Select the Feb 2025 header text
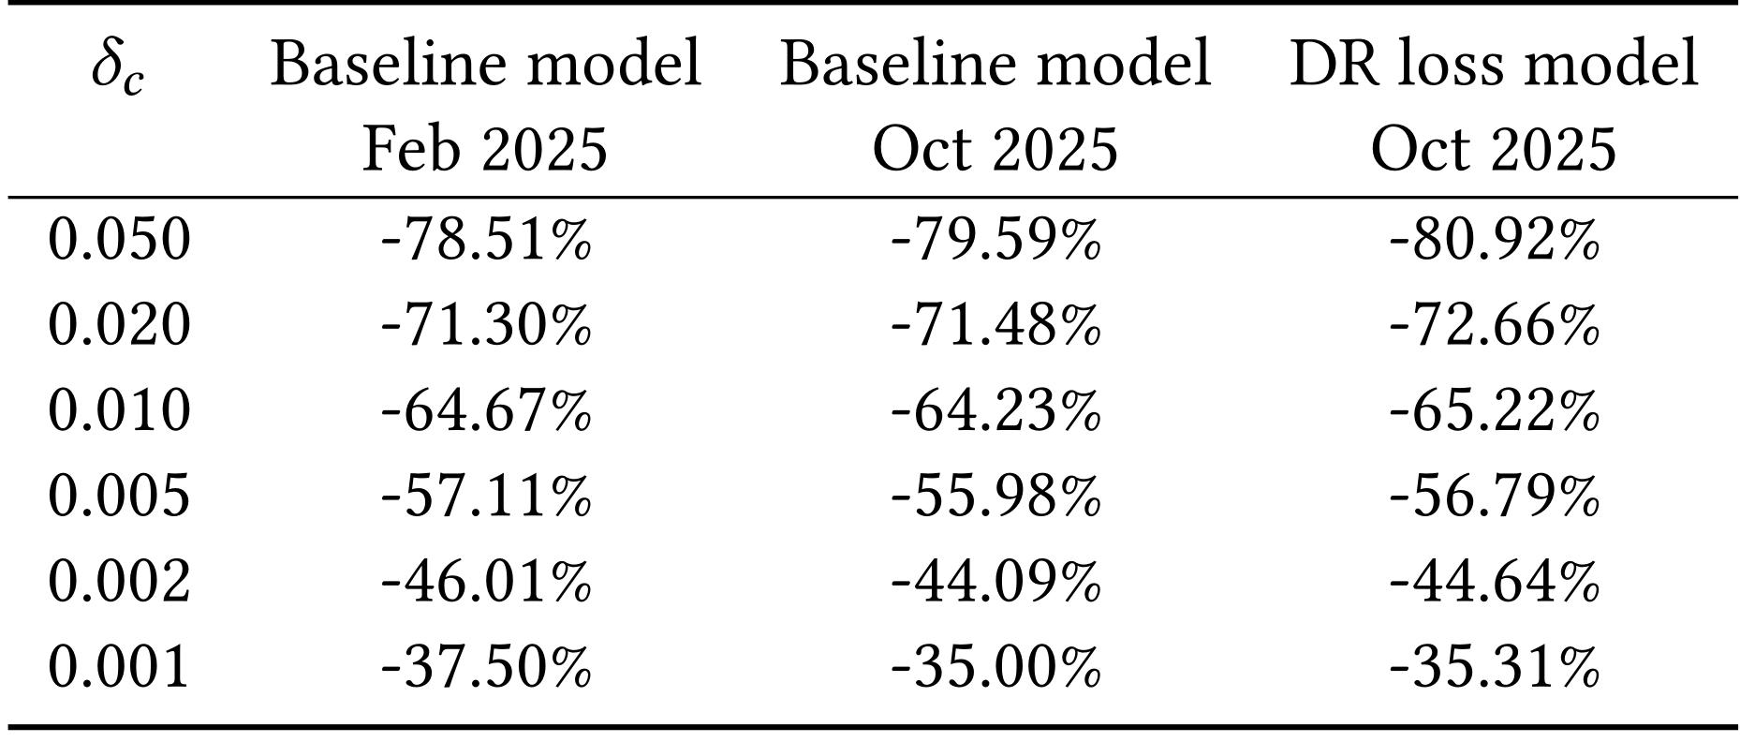(x=485, y=149)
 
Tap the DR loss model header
(x=1494, y=64)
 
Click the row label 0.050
(x=119, y=239)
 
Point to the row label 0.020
(x=119, y=324)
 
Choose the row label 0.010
(x=119, y=410)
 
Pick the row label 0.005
(x=119, y=495)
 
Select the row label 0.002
(x=119, y=581)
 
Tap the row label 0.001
(x=119, y=666)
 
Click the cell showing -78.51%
(x=486, y=239)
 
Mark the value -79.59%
(x=995, y=239)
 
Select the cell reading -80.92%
(x=1494, y=239)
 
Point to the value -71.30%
(x=486, y=324)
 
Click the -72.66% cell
(x=1494, y=324)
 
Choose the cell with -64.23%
(x=995, y=410)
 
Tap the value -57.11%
(x=486, y=495)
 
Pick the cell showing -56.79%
(x=1494, y=495)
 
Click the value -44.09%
(x=995, y=581)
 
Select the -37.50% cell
(x=486, y=666)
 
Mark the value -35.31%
(x=1494, y=666)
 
